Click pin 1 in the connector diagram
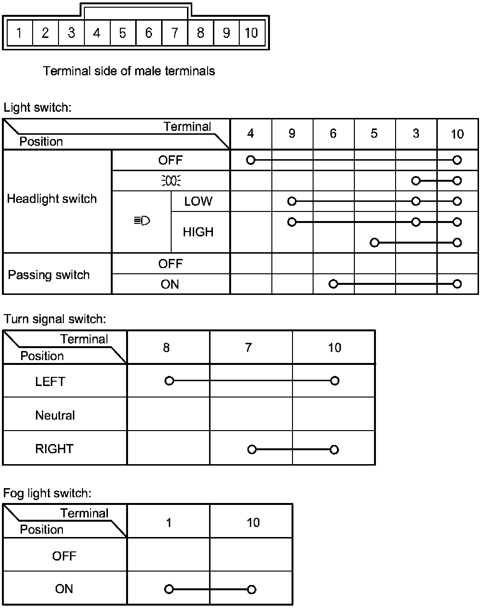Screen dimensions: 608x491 point(19,33)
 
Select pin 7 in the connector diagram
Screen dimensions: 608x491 point(175,33)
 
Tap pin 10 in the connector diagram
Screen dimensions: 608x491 point(251,33)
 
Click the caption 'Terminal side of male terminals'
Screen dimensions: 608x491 point(129,71)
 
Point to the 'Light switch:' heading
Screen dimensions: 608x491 point(37,107)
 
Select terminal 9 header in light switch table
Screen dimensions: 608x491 point(292,134)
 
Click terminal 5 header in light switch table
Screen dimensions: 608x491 point(374,134)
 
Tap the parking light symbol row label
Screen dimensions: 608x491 point(171,181)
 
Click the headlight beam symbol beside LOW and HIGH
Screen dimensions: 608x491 point(142,221)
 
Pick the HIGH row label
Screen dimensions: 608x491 point(198,232)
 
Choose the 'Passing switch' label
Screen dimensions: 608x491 point(49,275)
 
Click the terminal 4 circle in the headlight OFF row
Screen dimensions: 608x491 point(250,160)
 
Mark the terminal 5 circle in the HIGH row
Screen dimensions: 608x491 point(374,243)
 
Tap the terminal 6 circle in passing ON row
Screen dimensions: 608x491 point(333,284)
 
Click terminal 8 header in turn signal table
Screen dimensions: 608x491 point(166,348)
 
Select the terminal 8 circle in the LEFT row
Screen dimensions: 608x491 point(169,381)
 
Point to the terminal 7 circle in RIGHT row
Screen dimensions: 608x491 point(252,449)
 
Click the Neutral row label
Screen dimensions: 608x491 point(55,415)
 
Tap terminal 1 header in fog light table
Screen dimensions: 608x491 point(169,522)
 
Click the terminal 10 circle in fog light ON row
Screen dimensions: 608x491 point(252,589)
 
